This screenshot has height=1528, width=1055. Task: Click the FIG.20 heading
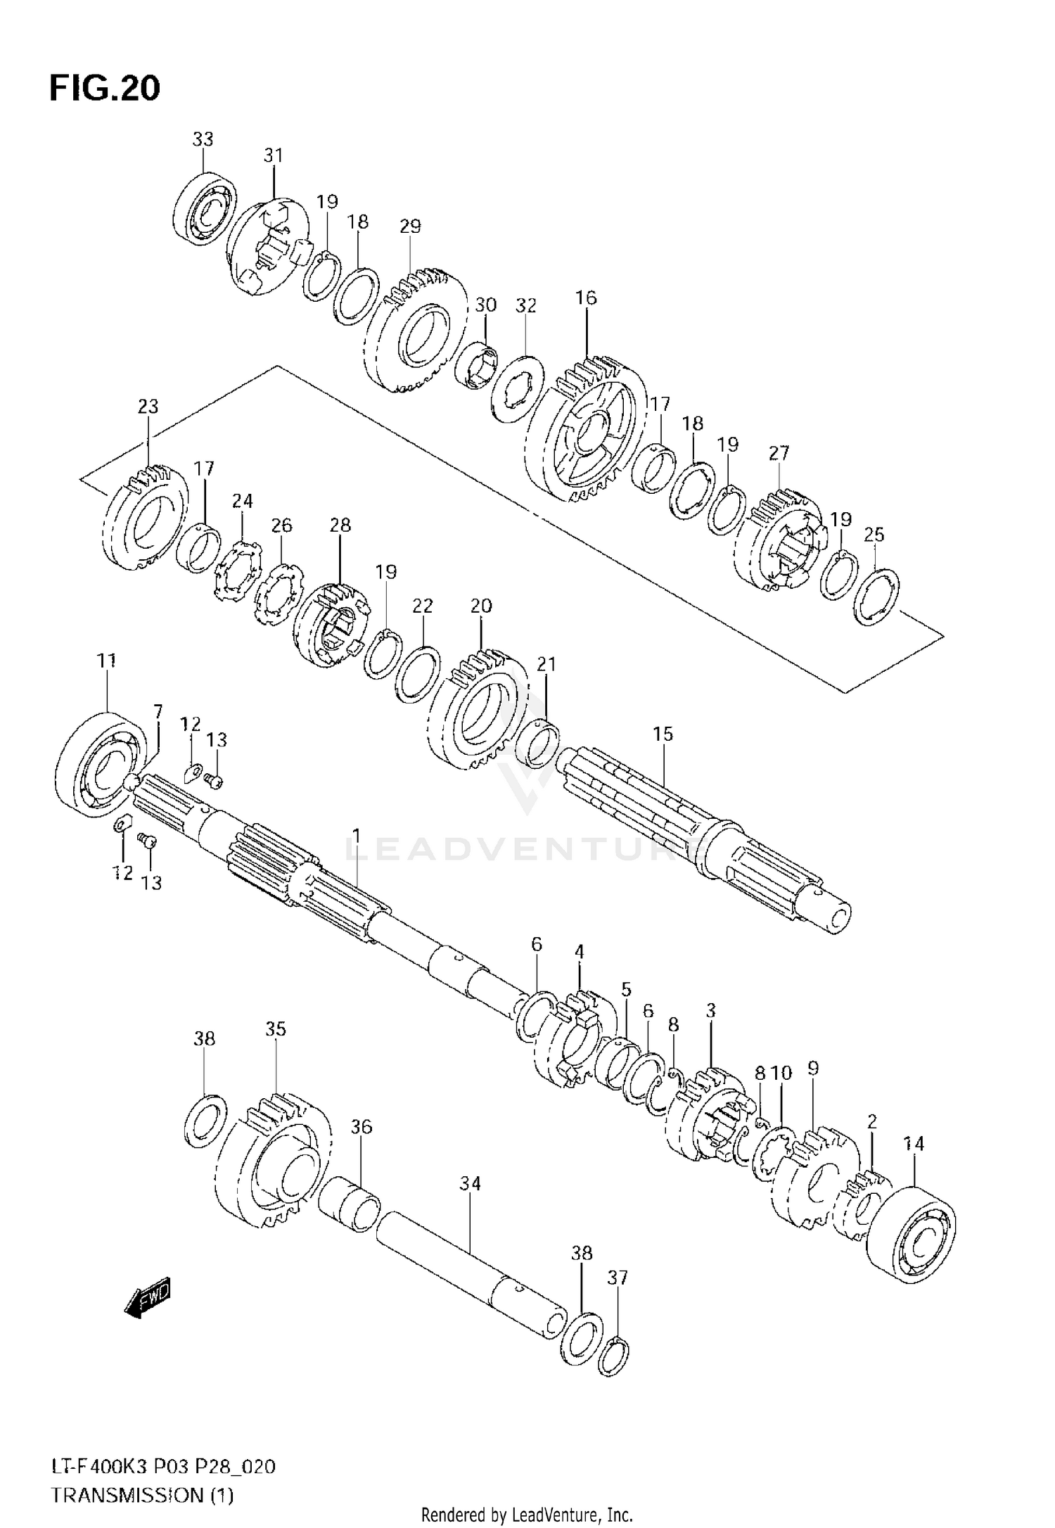(x=105, y=89)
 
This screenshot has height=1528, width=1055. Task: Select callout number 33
(x=203, y=139)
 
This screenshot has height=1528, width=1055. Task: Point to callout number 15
(x=663, y=734)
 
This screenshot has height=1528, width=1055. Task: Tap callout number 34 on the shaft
(x=470, y=1184)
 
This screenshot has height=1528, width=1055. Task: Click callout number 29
(x=410, y=227)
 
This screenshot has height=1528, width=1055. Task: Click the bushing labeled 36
(x=350, y=1207)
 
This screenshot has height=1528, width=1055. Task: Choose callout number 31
(x=273, y=155)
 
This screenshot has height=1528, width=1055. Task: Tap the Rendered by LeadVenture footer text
(x=527, y=1515)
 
